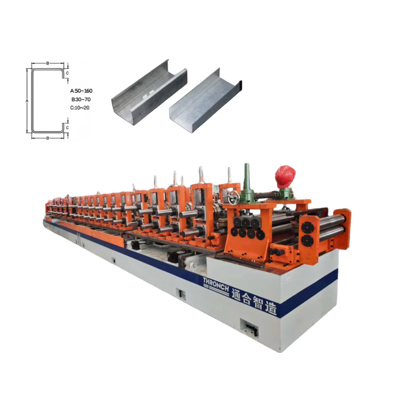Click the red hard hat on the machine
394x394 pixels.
285,175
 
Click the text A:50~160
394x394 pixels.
81,90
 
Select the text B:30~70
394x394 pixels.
81,99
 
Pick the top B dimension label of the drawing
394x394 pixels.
47,63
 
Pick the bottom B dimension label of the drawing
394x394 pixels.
47,138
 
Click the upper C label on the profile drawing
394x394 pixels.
67,73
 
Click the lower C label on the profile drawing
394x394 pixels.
67,127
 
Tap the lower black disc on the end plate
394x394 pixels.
307,240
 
